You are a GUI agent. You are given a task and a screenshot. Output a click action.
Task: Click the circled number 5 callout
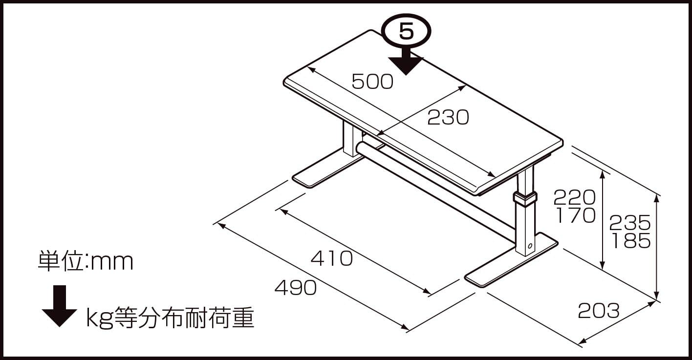(406, 31)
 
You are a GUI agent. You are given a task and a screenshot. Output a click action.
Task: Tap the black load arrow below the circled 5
(406, 63)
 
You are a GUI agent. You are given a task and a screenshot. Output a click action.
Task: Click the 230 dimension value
(448, 117)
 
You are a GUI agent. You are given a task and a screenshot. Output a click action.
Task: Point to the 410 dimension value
(332, 258)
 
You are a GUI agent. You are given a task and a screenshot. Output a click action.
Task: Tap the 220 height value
(574, 197)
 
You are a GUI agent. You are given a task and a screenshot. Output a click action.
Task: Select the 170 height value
(574, 215)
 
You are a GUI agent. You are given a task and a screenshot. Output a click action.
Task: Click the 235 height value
(630, 223)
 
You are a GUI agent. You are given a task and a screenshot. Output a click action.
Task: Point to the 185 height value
(630, 241)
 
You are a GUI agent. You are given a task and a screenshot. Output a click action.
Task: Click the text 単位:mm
(86, 262)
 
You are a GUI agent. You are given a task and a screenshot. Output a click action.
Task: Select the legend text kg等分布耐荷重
(170, 318)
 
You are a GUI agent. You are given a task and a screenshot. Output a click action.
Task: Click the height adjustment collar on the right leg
(524, 198)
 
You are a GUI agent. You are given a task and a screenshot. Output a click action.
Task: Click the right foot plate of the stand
(511, 261)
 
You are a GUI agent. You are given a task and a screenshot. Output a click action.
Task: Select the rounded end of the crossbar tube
(361, 148)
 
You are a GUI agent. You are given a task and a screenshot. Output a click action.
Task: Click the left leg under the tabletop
(351, 139)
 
